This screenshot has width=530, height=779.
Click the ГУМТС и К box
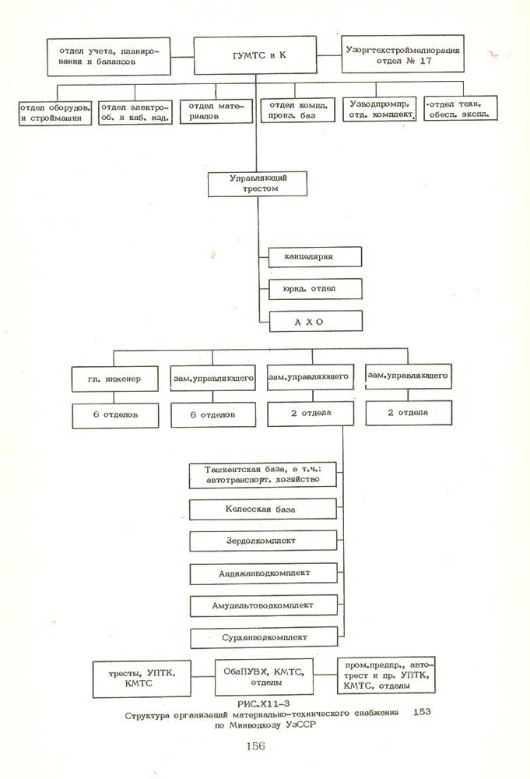pos(256,56)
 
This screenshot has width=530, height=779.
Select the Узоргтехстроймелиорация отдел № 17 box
pos(402,54)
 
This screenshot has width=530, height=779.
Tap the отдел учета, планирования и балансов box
pos(109,56)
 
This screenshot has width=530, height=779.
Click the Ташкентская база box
pos(263,475)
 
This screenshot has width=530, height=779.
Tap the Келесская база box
pos(263,509)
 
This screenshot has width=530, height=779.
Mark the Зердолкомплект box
pos(263,541)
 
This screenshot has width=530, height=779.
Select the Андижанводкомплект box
pos(263,573)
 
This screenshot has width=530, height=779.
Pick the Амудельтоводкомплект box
pos(263,605)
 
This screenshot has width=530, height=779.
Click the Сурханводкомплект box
pos(263,637)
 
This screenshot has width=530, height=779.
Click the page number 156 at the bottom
pos(255,746)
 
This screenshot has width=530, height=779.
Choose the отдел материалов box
pos(216,110)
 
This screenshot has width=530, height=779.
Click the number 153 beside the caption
pos(423,712)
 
